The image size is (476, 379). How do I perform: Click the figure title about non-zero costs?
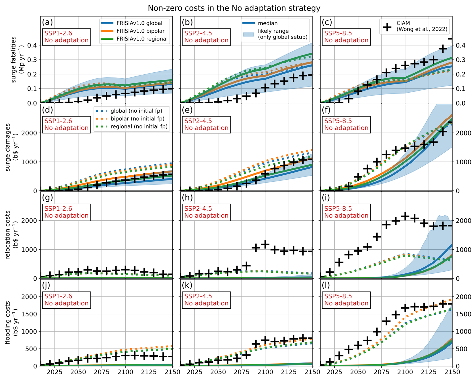pos(234,8)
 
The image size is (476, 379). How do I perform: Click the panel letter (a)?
pos(47,22)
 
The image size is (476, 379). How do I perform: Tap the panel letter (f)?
pos(327,110)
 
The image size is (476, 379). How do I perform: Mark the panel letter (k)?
pos(187,285)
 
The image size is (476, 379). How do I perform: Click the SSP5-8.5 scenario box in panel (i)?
pos(346,212)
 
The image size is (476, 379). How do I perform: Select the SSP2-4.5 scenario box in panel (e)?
pos(206,124)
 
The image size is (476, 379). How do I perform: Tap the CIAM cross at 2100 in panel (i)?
pos(405,216)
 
